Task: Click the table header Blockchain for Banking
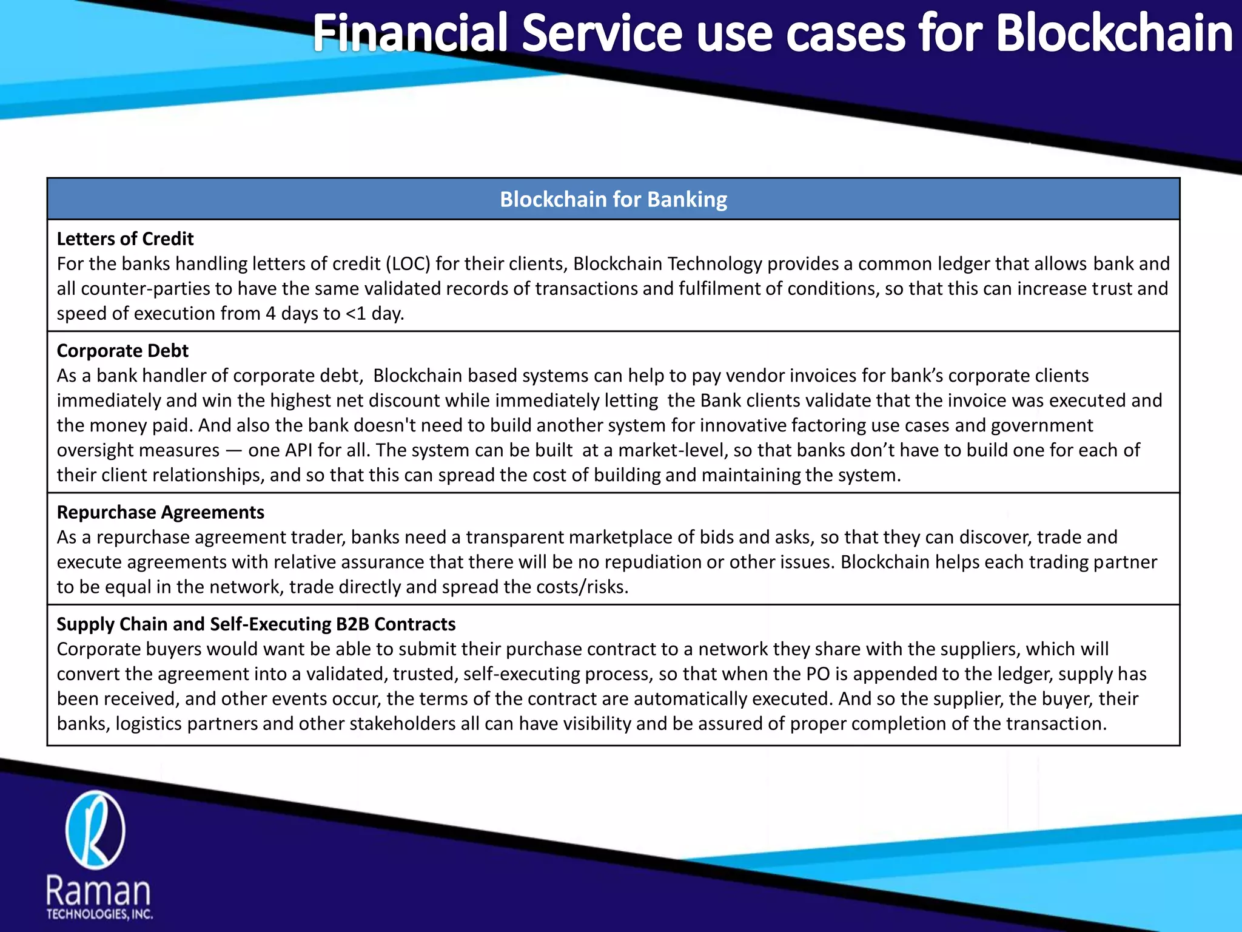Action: [x=613, y=200]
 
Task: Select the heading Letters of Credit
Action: [x=125, y=239]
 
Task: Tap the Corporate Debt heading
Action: [x=123, y=351]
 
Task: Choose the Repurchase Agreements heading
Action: [x=161, y=512]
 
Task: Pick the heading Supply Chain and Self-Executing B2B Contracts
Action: [x=256, y=624]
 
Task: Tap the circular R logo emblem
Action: [x=95, y=830]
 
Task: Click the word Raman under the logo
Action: [x=98, y=891]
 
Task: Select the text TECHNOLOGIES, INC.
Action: [x=99, y=914]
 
